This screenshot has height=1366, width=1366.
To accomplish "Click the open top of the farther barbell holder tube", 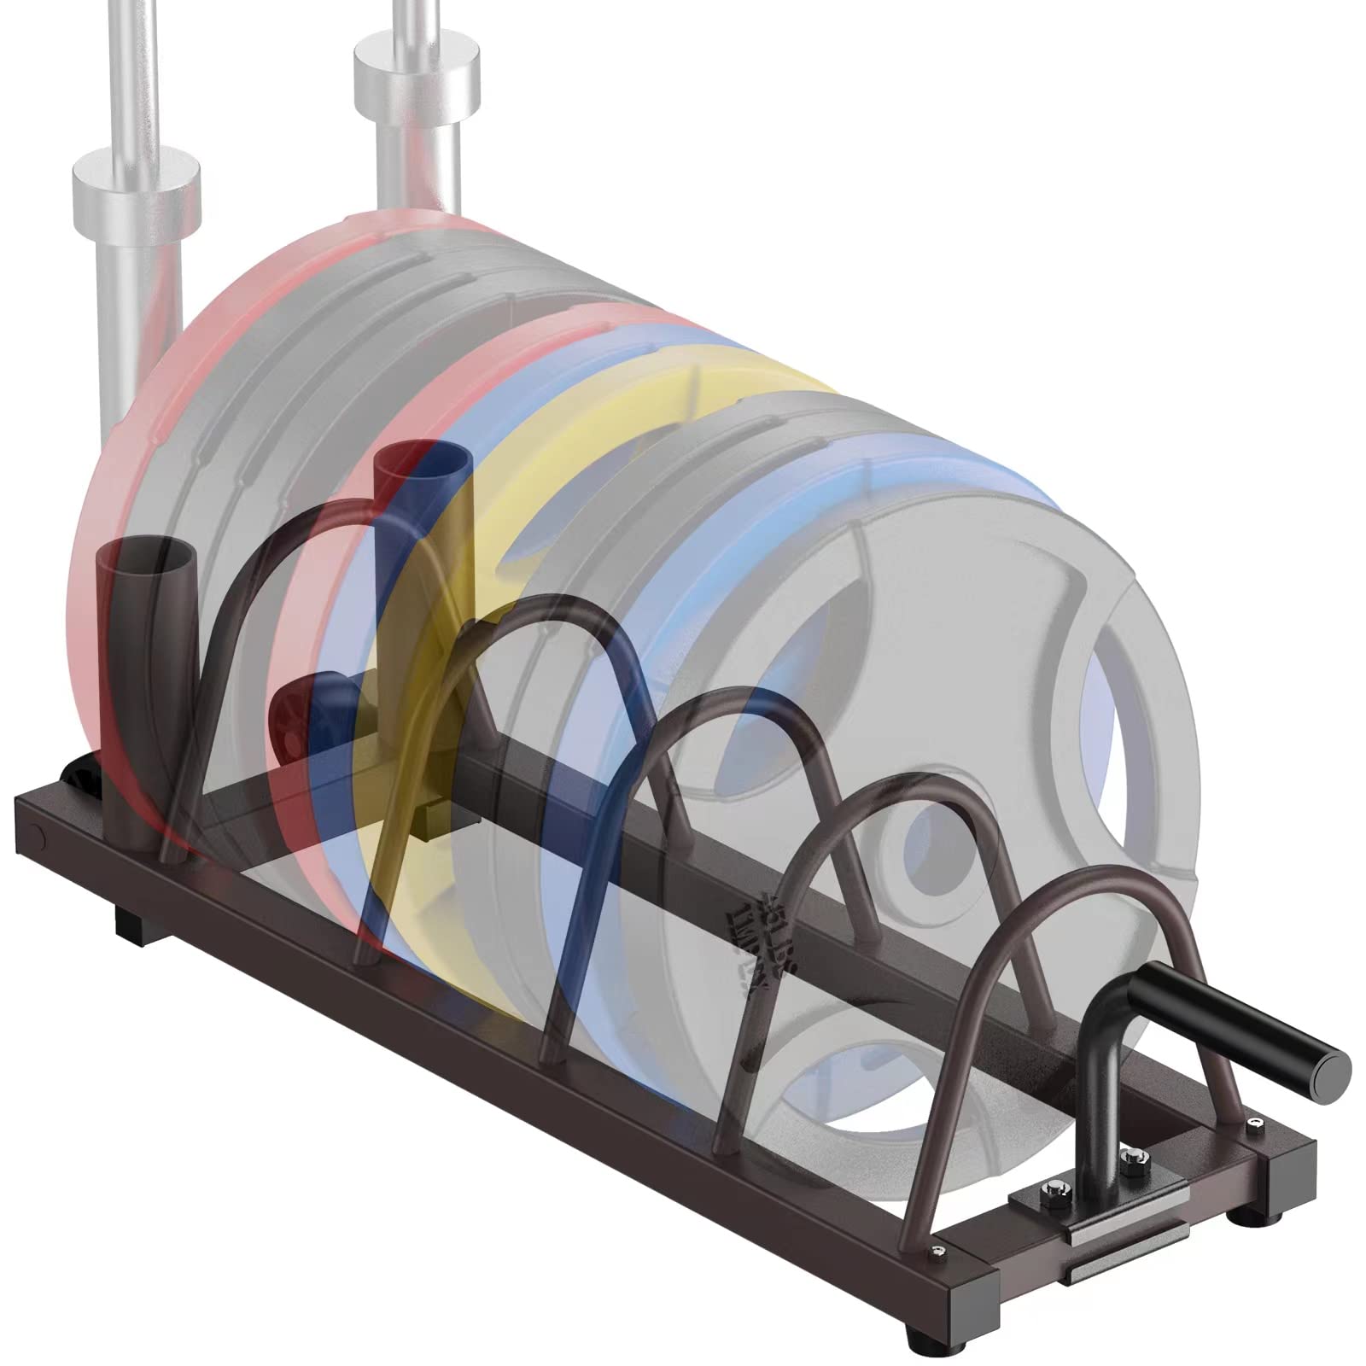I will coord(423,459).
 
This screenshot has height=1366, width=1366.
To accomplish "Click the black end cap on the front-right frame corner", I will coord(1281,1170).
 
